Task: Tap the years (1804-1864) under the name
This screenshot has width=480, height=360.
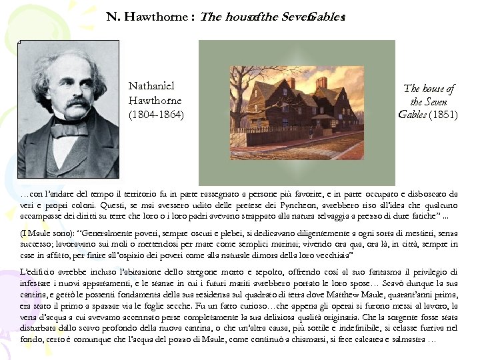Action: tap(156, 114)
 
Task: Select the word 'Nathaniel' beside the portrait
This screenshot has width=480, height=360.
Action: tap(151, 86)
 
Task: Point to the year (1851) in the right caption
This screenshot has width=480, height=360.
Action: tap(443, 115)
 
